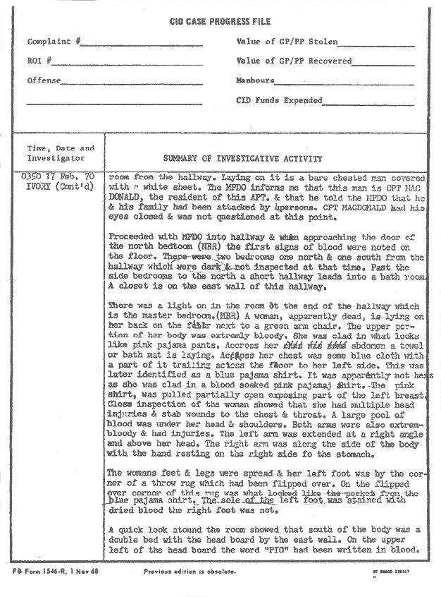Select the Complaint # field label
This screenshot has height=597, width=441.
point(54,42)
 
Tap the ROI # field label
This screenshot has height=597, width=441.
point(39,61)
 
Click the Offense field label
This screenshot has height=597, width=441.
point(44,80)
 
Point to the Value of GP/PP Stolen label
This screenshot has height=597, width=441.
point(287,42)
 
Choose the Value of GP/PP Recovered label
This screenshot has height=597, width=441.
point(294,61)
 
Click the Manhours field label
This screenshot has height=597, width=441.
point(255,80)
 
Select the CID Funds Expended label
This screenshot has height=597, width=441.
point(279,100)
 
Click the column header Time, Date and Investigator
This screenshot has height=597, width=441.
point(60,153)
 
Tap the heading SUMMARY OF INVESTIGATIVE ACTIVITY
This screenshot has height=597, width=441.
point(242,159)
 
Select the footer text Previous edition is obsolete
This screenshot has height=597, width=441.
point(190,570)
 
